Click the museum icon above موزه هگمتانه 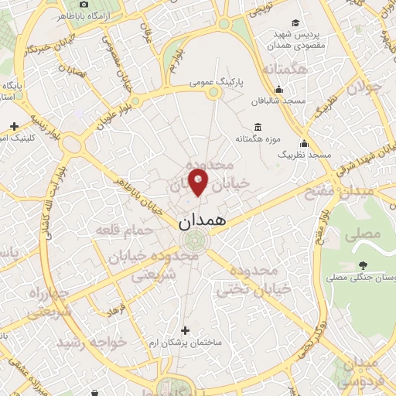258,126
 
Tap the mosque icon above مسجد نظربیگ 304,143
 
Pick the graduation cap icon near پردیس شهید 294,23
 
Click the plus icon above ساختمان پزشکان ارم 184,330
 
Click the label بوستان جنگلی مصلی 362,276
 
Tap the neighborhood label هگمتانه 284,70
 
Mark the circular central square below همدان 197,240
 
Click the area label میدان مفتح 347,190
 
